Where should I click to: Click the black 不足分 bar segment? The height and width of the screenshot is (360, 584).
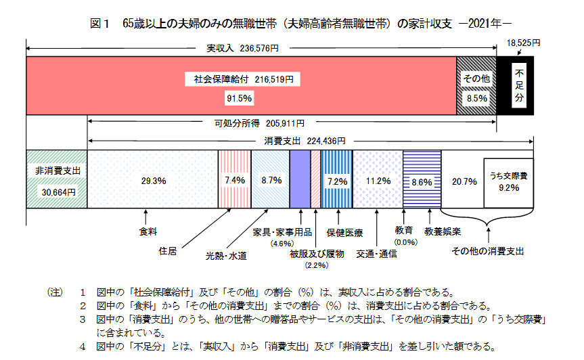click(x=519, y=85)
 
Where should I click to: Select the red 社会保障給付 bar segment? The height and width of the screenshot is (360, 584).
click(x=240, y=85)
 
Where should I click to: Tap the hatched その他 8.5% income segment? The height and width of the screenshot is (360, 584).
click(x=476, y=85)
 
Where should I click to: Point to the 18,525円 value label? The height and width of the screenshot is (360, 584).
click(x=524, y=43)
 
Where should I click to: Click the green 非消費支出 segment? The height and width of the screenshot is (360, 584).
click(x=57, y=179)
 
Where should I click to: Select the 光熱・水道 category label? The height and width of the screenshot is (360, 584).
click(x=226, y=256)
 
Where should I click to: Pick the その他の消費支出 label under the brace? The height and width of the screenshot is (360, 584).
click(x=487, y=250)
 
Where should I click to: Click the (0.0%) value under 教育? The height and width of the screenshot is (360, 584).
click(x=407, y=242)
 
